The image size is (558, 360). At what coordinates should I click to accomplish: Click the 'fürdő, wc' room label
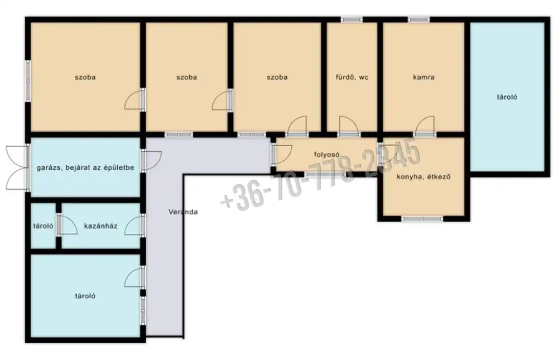tap(352, 77)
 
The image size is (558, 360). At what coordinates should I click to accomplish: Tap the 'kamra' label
tap(424, 77)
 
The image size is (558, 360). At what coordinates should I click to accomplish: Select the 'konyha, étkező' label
tap(424, 176)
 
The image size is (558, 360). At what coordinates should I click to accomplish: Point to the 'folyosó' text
tap(326, 155)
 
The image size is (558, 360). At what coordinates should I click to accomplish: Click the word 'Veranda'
tap(183, 212)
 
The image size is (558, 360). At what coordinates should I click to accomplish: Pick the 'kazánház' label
tap(100, 225)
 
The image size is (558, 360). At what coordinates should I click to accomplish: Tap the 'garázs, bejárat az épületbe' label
tap(85, 167)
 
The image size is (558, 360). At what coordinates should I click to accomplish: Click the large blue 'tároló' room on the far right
tap(507, 97)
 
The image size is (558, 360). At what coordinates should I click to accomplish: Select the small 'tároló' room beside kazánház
tap(43, 225)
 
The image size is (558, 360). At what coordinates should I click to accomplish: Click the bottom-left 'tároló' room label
tap(85, 296)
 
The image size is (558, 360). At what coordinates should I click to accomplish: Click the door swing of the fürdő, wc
tap(349, 126)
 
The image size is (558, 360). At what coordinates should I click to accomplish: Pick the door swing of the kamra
tap(425, 126)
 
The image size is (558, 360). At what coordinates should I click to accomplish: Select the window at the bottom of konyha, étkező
tap(422, 219)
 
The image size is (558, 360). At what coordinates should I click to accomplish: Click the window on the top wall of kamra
tap(419, 20)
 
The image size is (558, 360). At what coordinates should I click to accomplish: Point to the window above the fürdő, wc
tap(352, 20)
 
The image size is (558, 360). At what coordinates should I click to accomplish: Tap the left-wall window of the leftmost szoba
tap(28, 81)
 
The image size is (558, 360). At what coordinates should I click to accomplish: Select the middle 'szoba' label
tap(187, 77)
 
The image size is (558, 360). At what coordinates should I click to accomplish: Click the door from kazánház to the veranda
tap(134, 225)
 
